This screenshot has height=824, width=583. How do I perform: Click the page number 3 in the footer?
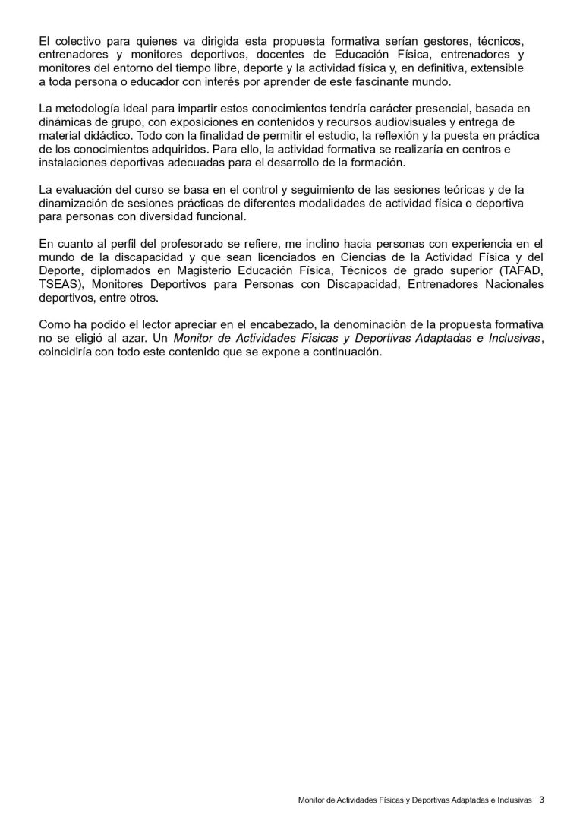click(x=542, y=799)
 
